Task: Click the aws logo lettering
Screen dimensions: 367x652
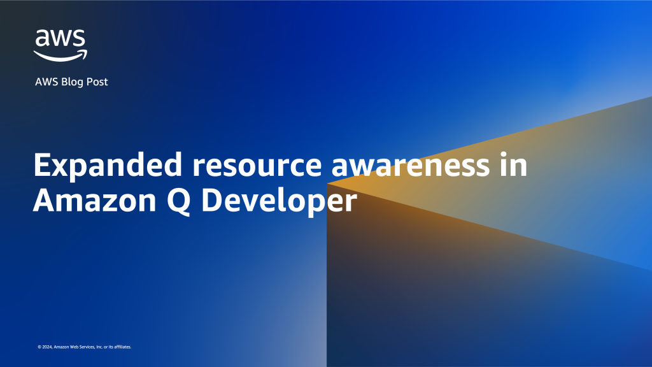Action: click(60, 39)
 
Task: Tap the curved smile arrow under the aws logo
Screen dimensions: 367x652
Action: click(60, 56)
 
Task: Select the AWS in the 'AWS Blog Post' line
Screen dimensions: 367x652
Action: click(46, 82)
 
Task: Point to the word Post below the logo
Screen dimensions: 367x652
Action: click(97, 82)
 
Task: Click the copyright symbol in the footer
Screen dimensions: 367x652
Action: click(39, 347)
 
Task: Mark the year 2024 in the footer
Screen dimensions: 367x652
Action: click(46, 347)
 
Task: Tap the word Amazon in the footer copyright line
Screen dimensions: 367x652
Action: click(62, 347)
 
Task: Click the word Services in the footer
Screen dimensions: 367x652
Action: click(87, 347)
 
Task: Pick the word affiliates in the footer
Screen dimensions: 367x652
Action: click(122, 347)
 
